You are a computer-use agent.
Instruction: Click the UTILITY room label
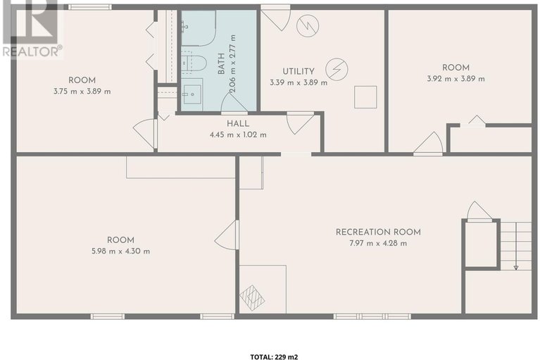pos(299,72)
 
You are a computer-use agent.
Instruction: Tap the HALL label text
pos(238,124)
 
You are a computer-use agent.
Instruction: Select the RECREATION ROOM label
pos(378,232)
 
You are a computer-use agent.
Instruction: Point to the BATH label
pos(221,63)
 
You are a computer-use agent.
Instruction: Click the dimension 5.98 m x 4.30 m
pos(120,251)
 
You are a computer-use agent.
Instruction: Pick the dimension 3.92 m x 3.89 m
pos(456,78)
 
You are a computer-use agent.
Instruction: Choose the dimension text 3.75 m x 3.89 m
pos(82,92)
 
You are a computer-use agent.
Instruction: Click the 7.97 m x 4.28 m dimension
pos(378,243)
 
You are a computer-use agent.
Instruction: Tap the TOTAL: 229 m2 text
pos(274,357)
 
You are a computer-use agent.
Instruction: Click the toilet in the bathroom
pos(194,63)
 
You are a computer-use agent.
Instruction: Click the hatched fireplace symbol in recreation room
pos(253,297)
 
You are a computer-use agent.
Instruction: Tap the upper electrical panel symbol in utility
pos(308,25)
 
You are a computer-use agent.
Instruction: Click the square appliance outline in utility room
pos(365,97)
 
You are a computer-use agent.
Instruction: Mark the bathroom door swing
pos(234,103)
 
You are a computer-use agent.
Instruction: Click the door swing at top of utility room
pos(275,20)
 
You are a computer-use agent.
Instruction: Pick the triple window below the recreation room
pos(372,316)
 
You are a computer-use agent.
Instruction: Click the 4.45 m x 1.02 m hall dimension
pos(238,135)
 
